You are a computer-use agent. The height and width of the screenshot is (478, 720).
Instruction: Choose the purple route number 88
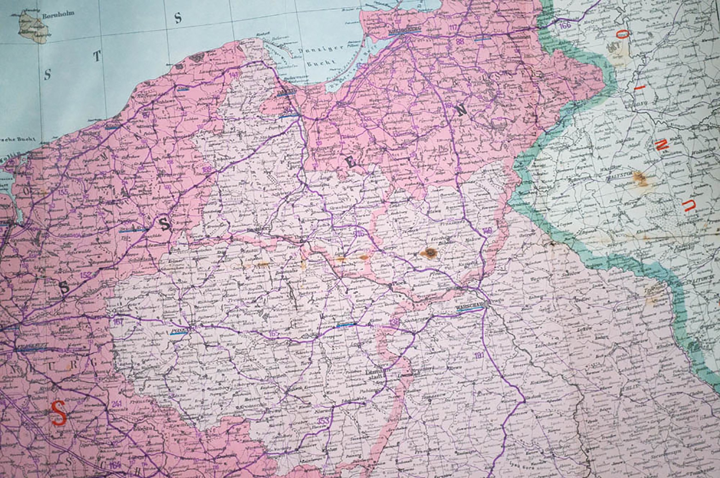(460, 41)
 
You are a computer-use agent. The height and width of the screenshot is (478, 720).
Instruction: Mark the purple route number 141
(234, 75)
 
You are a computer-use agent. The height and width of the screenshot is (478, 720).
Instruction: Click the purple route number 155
(64, 193)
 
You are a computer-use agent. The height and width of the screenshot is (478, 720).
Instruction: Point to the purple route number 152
(85, 275)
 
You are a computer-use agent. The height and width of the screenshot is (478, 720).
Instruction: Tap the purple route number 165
(274, 333)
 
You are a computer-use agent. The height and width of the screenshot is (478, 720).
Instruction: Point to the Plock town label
(396, 285)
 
